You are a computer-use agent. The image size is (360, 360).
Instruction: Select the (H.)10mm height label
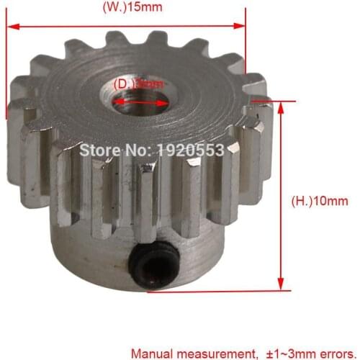(x=312, y=201)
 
